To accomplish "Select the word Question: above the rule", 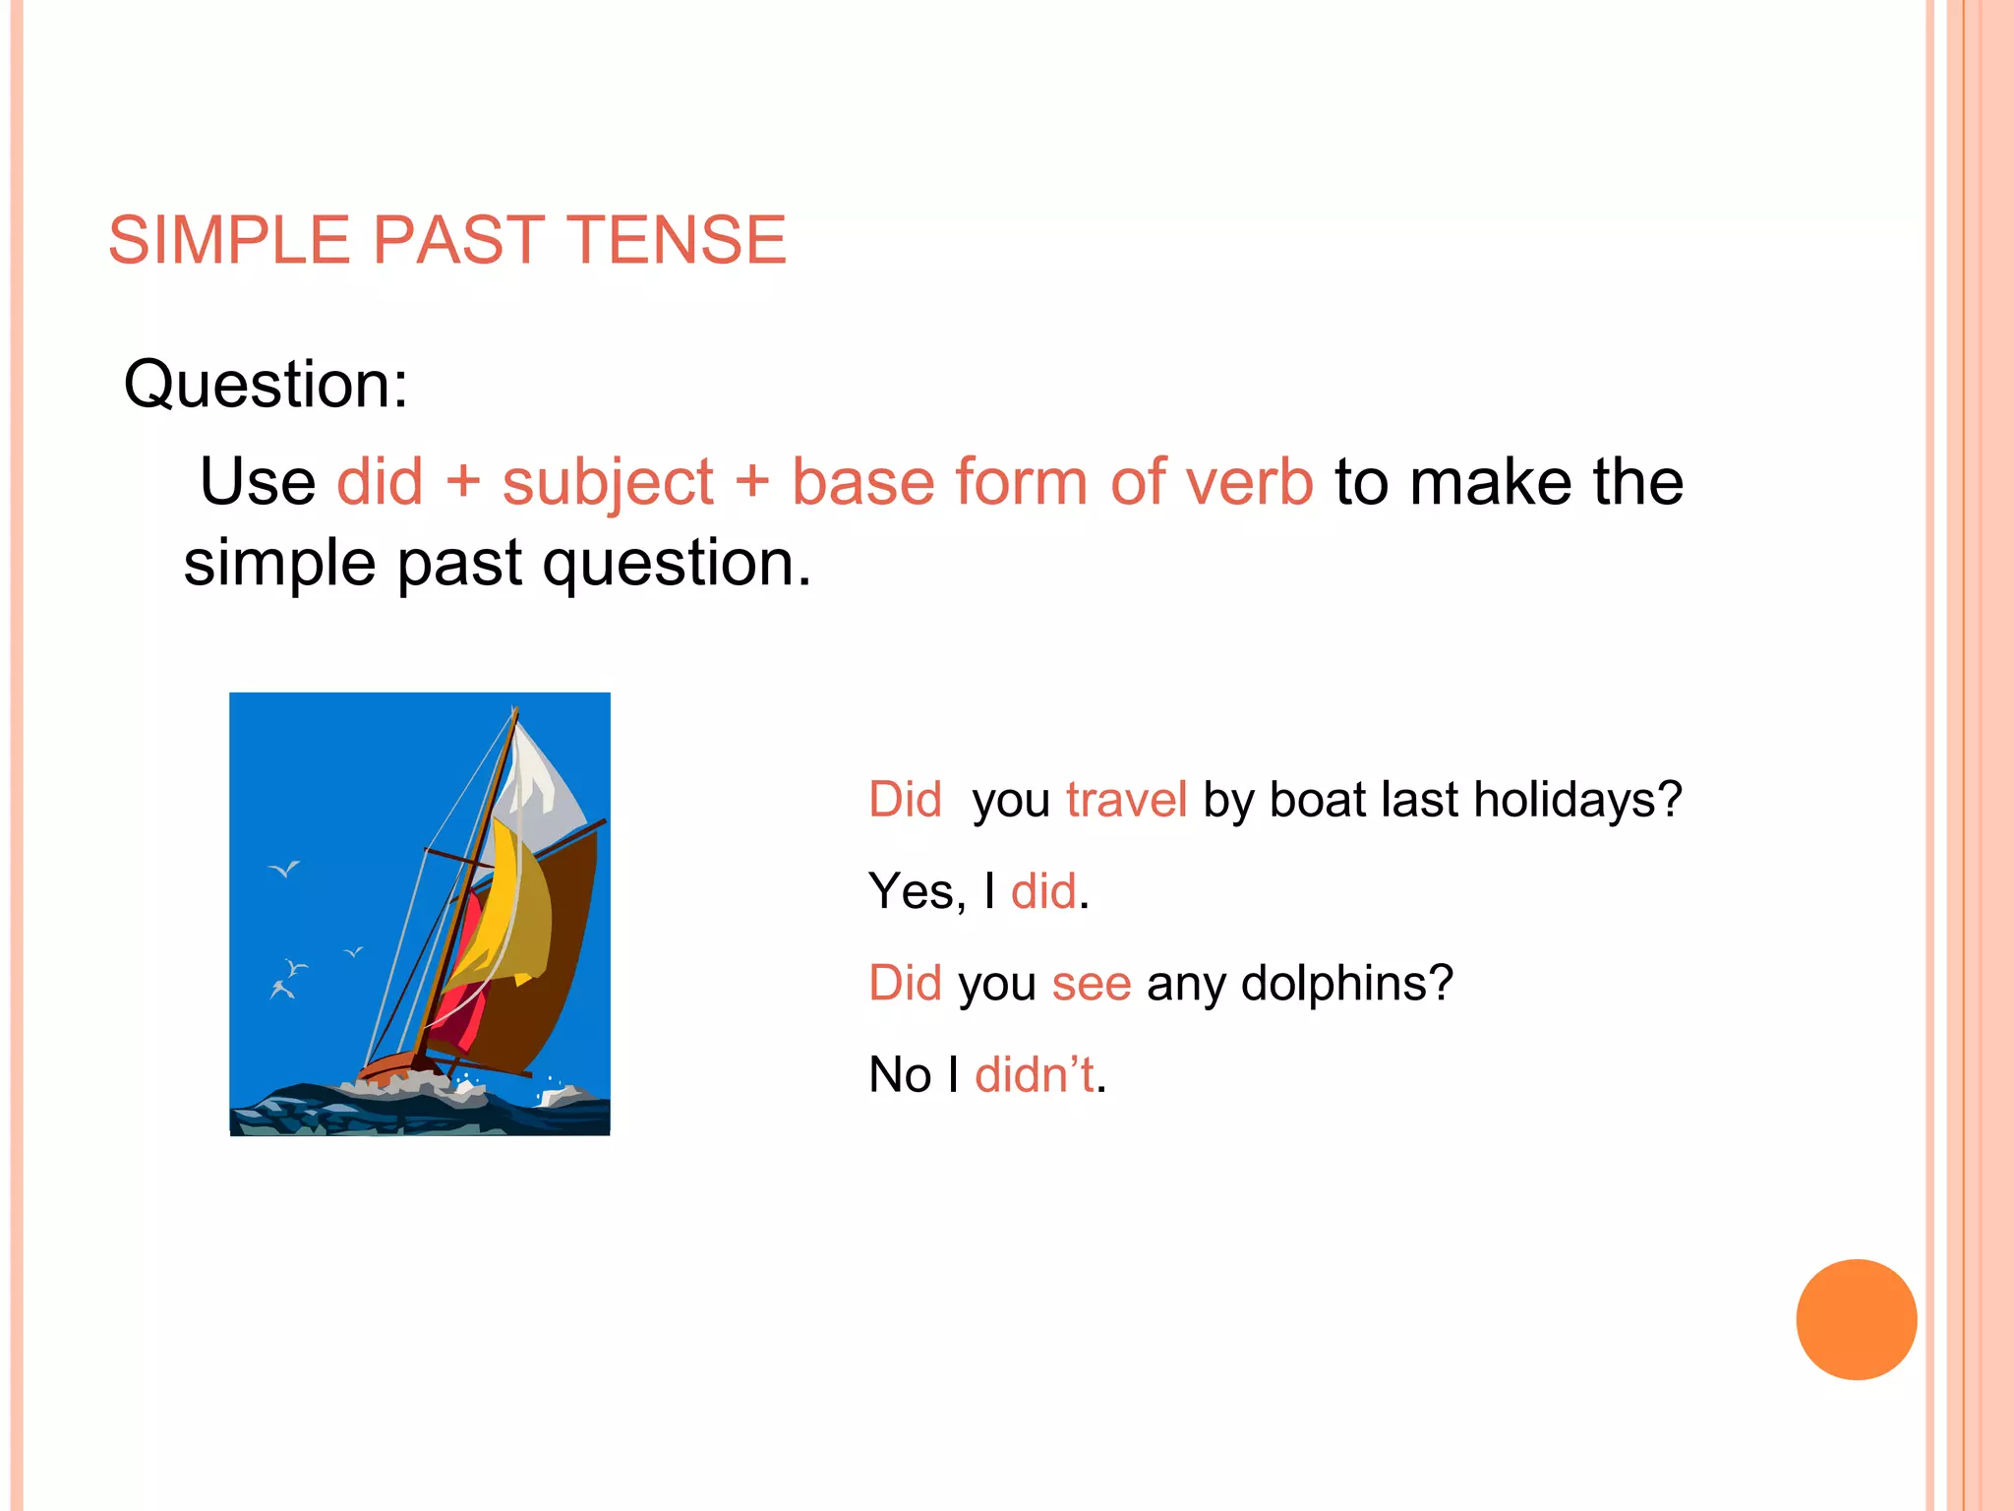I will pos(266,384).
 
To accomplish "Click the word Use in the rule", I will pos(258,482).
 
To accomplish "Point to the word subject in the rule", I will pos(608,484).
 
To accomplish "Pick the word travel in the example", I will pos(1126,799).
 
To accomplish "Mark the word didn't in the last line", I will pos(1035,1074).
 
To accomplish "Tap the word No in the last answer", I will pos(899,1074).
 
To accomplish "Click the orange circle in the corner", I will pos(1856,1319).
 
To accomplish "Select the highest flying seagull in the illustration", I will pos(285,869).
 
